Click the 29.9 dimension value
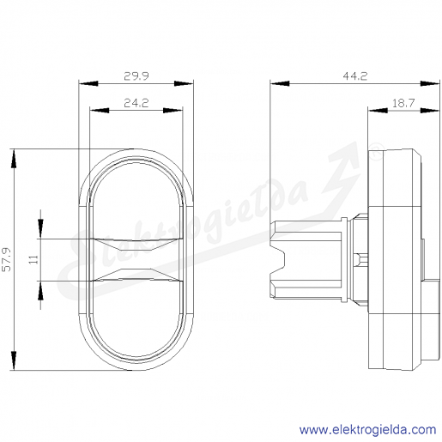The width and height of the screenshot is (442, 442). (x=136, y=76)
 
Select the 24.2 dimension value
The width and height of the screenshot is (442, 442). (x=136, y=103)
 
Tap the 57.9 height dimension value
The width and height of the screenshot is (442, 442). (x=6, y=259)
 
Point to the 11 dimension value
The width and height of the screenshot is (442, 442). (x=33, y=260)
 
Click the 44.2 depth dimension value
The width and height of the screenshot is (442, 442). (x=354, y=76)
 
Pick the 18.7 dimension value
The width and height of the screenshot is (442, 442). (x=403, y=103)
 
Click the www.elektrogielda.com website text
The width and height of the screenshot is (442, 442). (x=367, y=430)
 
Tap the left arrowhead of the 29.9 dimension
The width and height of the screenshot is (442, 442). (x=88, y=83)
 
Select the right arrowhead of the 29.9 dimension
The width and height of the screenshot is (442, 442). (x=184, y=83)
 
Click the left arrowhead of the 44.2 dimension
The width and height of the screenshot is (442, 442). (x=280, y=83)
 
